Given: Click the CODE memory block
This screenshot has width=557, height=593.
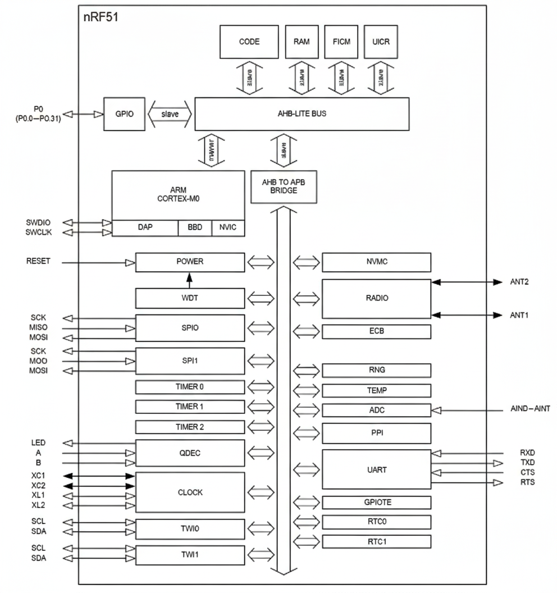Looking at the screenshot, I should [x=249, y=42].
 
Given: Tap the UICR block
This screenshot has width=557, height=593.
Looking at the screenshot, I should [x=381, y=42].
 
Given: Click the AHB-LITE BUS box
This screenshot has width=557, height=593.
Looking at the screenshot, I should [x=302, y=113].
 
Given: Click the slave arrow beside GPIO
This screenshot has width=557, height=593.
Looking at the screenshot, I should [x=169, y=113].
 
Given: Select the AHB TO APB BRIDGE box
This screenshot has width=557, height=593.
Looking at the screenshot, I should [x=284, y=186].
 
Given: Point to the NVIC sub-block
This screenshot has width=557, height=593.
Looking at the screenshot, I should [x=228, y=228].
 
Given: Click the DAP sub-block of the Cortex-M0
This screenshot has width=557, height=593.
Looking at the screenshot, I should [x=145, y=228].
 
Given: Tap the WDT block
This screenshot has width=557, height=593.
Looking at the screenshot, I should [x=190, y=298].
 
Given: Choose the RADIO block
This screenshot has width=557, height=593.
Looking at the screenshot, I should [x=376, y=298].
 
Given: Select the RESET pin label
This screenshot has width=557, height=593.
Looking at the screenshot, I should [x=38, y=262].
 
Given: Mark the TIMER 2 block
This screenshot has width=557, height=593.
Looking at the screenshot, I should [x=190, y=427].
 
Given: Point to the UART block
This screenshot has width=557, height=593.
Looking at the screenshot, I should [x=376, y=469].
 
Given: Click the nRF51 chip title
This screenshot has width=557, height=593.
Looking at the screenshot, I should [x=101, y=17].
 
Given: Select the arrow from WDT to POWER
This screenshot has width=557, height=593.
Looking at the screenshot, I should [x=190, y=280].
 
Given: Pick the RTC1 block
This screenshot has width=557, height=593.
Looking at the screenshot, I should [x=376, y=542].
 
